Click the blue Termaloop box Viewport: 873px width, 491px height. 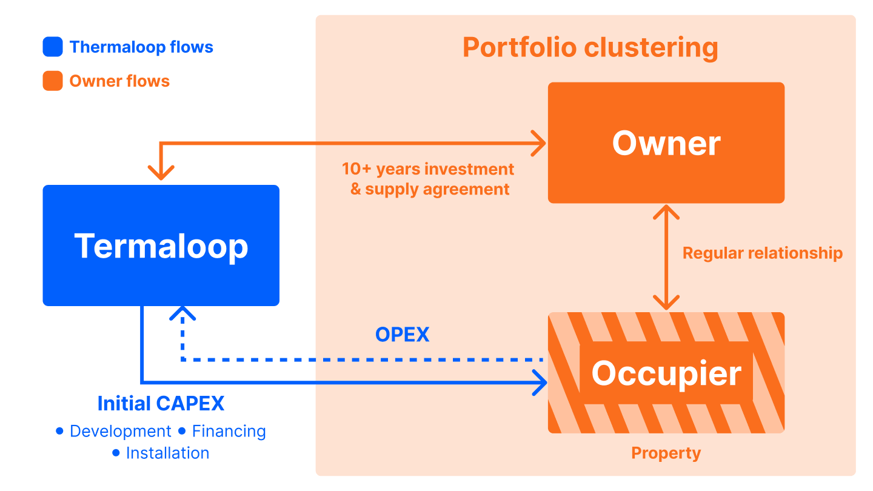pos(161,245)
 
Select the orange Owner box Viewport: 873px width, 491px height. pos(666,142)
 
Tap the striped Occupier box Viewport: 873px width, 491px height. pos(666,373)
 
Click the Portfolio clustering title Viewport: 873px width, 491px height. pos(590,47)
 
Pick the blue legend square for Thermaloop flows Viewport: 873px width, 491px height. pos(53,47)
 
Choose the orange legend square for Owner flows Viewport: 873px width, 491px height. pos(53,81)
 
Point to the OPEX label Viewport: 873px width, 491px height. pos(402,335)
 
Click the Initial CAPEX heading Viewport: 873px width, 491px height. pos(161,403)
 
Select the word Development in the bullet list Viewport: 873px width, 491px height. pos(121,432)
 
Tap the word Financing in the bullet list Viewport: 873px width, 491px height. pos(229,432)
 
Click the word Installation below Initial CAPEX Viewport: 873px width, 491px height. pos(167,453)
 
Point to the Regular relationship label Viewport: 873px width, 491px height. pos(762,253)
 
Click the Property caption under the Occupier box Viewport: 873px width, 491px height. pos(666,453)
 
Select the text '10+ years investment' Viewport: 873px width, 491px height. pos(428,169)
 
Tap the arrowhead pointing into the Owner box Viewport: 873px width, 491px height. pos(538,143)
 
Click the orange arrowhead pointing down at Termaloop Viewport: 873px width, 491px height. pos(161,173)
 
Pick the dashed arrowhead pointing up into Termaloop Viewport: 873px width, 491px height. pos(182,313)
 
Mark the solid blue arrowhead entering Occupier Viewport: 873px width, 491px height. pos(540,382)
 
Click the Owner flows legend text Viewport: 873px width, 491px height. pos(119,81)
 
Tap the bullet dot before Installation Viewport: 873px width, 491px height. pos(116,453)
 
